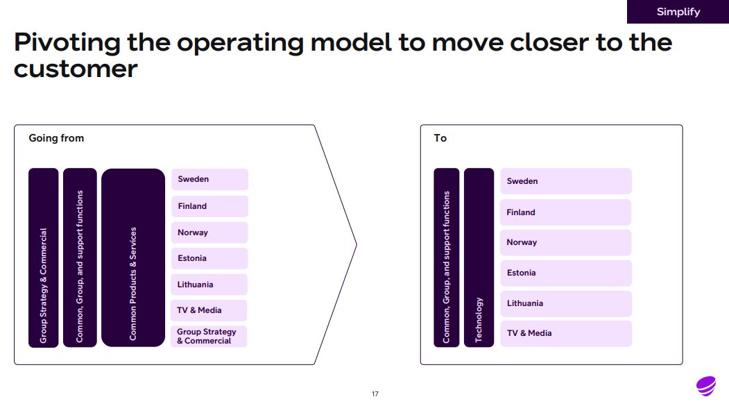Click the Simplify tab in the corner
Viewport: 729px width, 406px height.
pyautogui.click(x=678, y=12)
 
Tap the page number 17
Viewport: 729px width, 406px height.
pyautogui.click(x=375, y=394)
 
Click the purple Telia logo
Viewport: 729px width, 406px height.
pyautogui.click(x=706, y=386)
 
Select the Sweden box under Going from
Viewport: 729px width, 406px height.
pyautogui.click(x=209, y=179)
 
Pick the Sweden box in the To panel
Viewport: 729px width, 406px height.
pyautogui.click(x=566, y=181)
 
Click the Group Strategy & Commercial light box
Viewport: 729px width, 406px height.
pyautogui.click(x=209, y=336)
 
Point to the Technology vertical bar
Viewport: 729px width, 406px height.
pyautogui.click(x=479, y=257)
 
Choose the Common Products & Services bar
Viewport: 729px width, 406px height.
pyautogui.click(x=133, y=257)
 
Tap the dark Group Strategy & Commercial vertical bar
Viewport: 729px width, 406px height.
pyautogui.click(x=44, y=257)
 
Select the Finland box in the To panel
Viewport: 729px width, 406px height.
pyautogui.click(x=566, y=212)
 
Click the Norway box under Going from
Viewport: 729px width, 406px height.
pyautogui.click(x=209, y=232)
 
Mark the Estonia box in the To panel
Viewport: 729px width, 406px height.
pyautogui.click(x=566, y=273)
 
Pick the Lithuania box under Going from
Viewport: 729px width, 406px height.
pyautogui.click(x=209, y=285)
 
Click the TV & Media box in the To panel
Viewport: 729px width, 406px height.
pyautogui.click(x=566, y=333)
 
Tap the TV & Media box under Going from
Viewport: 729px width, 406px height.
pyautogui.click(x=209, y=310)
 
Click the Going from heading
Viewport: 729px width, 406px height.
pyautogui.click(x=56, y=138)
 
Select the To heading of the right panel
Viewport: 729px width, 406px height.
pyautogui.click(x=440, y=138)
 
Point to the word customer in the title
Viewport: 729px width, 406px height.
pyautogui.click(x=76, y=69)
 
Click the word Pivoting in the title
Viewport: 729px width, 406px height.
pyautogui.click(x=67, y=43)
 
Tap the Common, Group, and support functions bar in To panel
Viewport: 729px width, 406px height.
pyautogui.click(x=446, y=257)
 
